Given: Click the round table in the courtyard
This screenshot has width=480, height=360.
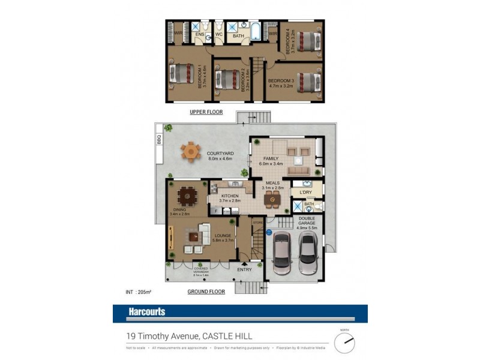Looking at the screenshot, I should [x=191, y=151].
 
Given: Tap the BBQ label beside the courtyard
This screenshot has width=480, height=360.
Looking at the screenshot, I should [x=160, y=140].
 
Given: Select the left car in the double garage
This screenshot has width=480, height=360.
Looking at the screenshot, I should [x=281, y=254].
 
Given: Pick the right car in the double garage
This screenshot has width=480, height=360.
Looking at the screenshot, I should [x=307, y=253].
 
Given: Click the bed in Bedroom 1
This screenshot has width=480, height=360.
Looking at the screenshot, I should [x=180, y=74].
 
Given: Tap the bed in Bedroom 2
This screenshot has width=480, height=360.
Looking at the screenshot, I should [x=227, y=79].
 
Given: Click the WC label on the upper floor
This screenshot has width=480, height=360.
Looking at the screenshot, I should [x=220, y=35].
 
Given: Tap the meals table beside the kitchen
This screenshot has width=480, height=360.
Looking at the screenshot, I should [x=272, y=199].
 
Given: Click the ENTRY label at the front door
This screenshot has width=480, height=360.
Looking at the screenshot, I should [x=244, y=270].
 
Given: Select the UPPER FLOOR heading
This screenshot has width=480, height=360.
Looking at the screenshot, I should [x=206, y=112].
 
